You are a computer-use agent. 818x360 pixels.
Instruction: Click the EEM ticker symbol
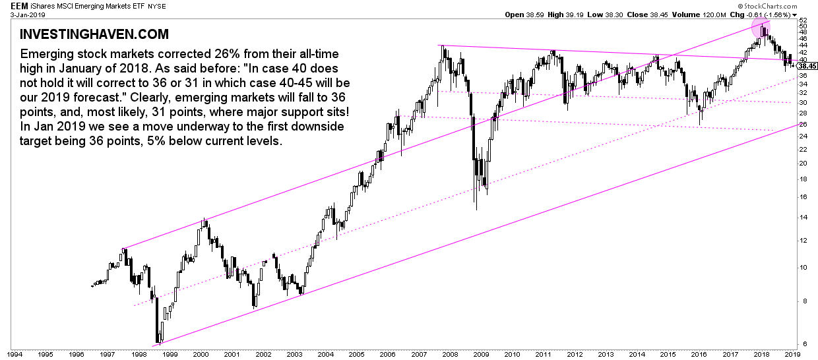point(11,5)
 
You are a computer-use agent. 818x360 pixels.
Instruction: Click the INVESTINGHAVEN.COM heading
point(94,34)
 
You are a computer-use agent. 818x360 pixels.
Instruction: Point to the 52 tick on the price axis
point(803,20)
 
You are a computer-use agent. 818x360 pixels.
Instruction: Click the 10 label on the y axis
point(803,267)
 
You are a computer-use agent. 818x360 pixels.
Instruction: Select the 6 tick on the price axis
point(801,344)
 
